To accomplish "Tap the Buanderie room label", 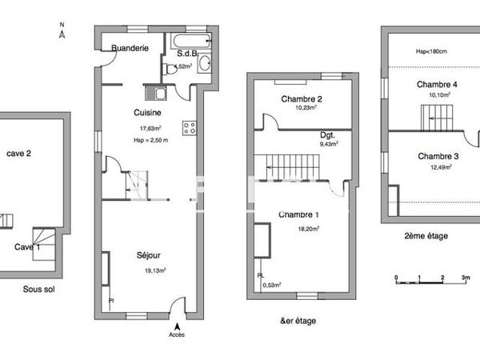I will tap(130, 48).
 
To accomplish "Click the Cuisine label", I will tap(144, 114).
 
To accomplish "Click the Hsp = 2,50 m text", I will tap(150, 140).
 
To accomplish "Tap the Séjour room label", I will tap(148, 256).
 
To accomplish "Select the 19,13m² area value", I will tap(150, 270).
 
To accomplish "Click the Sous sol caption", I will tap(38, 289).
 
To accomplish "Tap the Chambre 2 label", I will tap(301, 98).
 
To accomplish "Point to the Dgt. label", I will tap(327, 135).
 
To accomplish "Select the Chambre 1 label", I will tap(298, 214).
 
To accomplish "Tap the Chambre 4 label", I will tap(437, 84).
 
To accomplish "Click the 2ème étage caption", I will tap(426, 236).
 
